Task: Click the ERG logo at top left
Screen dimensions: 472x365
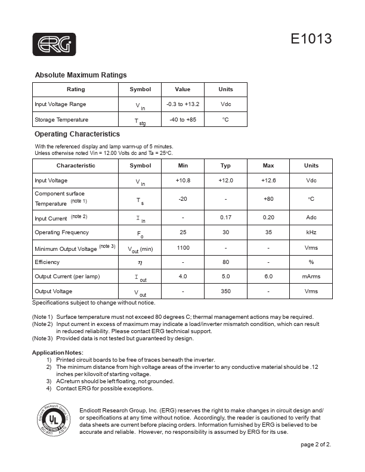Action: pos(54,44)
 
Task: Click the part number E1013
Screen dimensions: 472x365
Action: pos(311,39)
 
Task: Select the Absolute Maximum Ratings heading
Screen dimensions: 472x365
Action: pos(81,75)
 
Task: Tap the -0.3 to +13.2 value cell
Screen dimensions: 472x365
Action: pos(182,104)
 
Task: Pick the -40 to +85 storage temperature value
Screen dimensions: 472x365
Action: pos(182,120)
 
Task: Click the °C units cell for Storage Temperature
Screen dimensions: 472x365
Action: pos(225,120)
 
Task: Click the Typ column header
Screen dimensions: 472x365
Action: pos(225,166)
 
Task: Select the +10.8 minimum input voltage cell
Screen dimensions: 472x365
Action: pos(182,180)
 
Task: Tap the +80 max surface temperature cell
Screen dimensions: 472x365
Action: pos(268,198)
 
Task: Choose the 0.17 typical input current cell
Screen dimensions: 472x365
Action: pos(225,218)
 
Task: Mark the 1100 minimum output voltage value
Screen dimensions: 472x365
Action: pos(182,247)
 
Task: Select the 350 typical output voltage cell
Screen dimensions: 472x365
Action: pos(225,291)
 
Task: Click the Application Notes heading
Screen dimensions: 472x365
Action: pos(57,353)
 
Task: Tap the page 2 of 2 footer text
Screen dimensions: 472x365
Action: pos(315,445)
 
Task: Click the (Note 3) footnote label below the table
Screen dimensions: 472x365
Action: pos(42,339)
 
